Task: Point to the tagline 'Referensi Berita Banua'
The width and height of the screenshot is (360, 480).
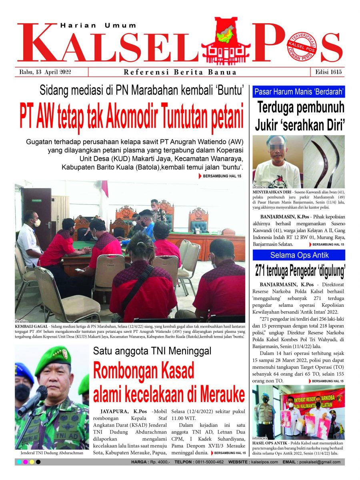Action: click(x=180, y=72)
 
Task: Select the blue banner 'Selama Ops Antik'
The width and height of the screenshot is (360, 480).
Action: click(x=298, y=255)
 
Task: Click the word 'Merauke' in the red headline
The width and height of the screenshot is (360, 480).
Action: click(x=218, y=395)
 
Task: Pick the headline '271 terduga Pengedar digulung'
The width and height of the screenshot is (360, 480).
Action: click(x=299, y=272)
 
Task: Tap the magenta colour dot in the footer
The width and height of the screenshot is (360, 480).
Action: click(x=25, y=462)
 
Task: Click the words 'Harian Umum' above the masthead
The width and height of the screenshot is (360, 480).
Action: click(x=98, y=25)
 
